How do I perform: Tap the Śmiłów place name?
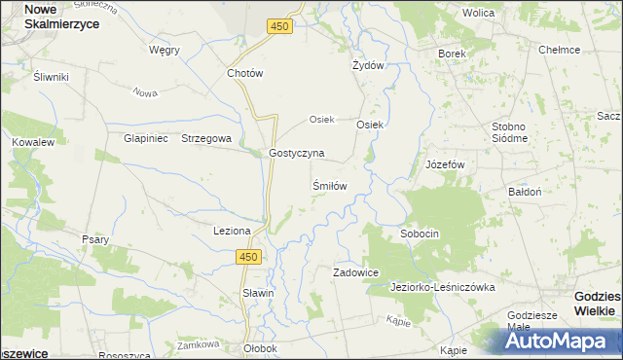330,184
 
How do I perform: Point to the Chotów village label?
244,73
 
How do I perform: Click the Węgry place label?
165,50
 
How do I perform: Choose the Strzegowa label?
205,138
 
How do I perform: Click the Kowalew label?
32,142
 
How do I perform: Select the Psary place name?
95,238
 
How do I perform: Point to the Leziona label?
233,231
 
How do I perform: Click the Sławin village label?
258,293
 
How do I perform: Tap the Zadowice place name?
355,272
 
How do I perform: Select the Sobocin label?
421,234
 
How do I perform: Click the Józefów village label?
446,164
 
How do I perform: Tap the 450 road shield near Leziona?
249,256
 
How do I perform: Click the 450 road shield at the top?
279,27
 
